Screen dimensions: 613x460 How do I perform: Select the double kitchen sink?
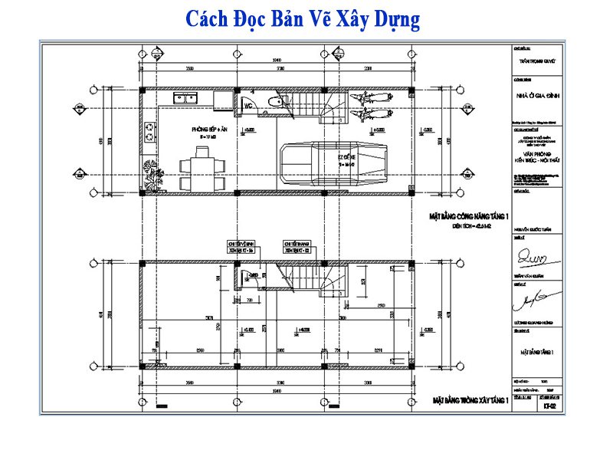[x=185, y=98]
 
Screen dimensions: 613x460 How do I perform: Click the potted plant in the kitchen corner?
[x=149, y=174]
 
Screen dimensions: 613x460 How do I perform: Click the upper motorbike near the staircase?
[x=366, y=100]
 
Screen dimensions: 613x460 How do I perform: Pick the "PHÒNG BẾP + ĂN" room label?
[x=211, y=131]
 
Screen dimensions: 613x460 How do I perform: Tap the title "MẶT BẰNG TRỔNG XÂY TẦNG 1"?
[x=470, y=400]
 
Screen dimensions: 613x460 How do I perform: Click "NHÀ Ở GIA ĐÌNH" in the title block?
[x=539, y=95]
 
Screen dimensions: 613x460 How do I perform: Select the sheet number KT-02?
[x=549, y=407]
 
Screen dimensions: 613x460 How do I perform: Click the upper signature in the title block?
[x=535, y=253]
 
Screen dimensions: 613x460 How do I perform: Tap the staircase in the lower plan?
[x=310, y=278]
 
